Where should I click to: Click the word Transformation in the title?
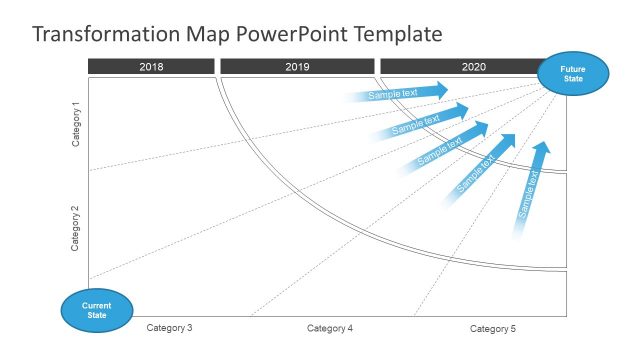105,35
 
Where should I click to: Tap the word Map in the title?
207,35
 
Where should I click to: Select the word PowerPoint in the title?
294,35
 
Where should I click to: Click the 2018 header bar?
151,66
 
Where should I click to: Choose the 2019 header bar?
297,66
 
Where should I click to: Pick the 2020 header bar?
473,66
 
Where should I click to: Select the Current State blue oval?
96,309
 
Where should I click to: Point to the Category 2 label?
77,228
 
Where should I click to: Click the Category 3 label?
169,328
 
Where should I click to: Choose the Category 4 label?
330,328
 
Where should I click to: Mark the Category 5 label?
493,328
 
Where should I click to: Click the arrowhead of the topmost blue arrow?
439,91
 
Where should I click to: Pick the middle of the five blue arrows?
445,146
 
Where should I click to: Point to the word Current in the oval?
96,304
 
